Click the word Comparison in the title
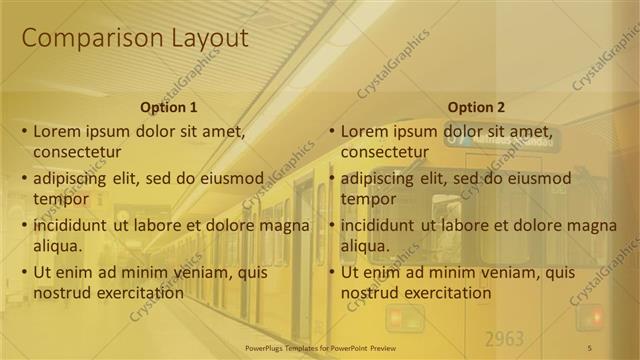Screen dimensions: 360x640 (82, 38)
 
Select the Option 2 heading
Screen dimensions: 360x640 (476, 107)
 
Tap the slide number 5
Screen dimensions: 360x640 (590, 347)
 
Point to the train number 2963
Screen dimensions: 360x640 (504, 337)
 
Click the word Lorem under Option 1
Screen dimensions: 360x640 (56, 131)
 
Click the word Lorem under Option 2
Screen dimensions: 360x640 (363, 131)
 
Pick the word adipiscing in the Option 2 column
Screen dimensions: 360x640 (380, 179)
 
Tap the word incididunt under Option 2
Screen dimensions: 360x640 (379, 225)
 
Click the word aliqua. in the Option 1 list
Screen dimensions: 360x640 (58, 246)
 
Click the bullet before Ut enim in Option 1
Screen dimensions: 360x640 (23, 272)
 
